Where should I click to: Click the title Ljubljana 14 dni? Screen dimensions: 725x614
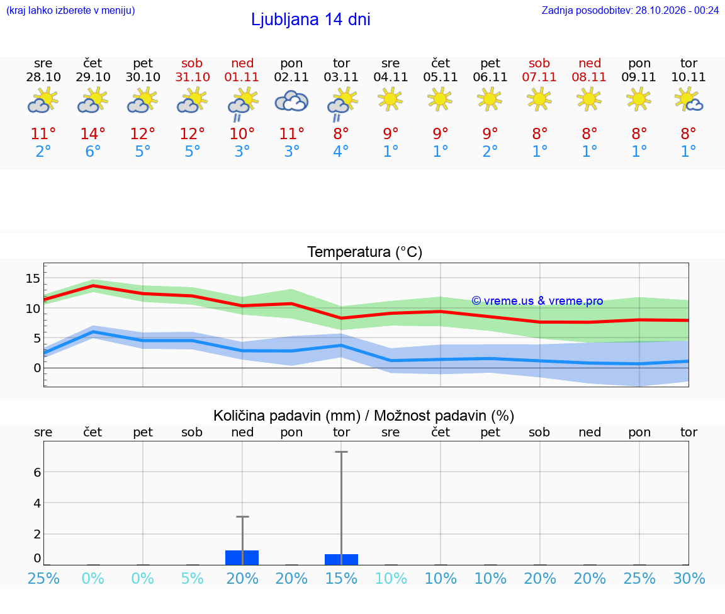pyautogui.click(x=310, y=20)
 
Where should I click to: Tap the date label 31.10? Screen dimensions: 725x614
pyautogui.click(x=193, y=77)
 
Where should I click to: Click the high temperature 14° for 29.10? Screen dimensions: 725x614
pyautogui.click(x=93, y=134)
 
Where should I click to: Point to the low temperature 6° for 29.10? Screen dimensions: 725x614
pyautogui.click(x=93, y=151)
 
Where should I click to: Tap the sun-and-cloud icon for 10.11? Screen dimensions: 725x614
pyautogui.click(x=688, y=100)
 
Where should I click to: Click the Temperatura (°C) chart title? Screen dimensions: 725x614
pyautogui.click(x=365, y=252)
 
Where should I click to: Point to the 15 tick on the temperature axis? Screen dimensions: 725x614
pyautogui.click(x=33, y=278)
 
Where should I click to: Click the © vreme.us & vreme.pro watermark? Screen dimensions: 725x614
pyautogui.click(x=537, y=301)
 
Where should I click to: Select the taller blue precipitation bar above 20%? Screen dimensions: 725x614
pyautogui.click(x=242, y=557)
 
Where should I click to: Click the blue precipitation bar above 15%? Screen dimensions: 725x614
pyautogui.click(x=341, y=559)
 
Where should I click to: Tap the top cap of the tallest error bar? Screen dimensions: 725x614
pyautogui.click(x=341, y=452)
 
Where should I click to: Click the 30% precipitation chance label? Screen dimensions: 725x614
pyautogui.click(x=689, y=578)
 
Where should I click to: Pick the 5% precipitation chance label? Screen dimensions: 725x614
pyautogui.click(x=193, y=578)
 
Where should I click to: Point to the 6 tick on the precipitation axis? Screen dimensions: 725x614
pyautogui.click(x=37, y=472)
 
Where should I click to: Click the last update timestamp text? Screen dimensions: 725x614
pyautogui.click(x=630, y=10)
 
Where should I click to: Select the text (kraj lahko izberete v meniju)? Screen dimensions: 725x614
pyautogui.click(x=70, y=10)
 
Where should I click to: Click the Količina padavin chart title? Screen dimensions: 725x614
pyautogui.click(x=364, y=416)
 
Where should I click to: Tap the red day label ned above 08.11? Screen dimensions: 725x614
pyautogui.click(x=590, y=63)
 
